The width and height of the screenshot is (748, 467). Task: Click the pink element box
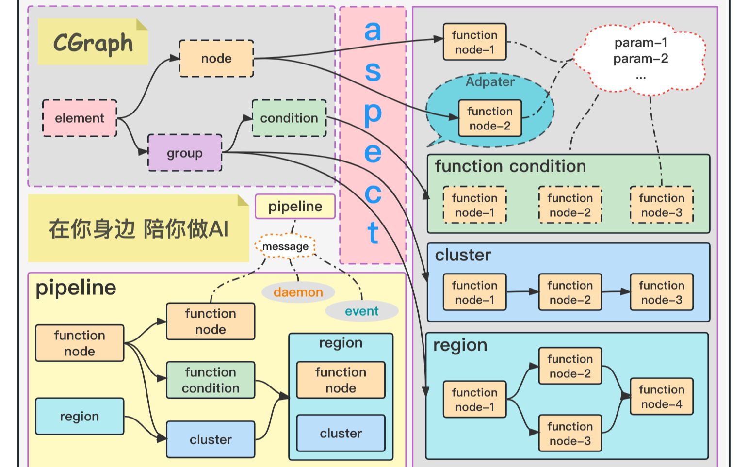click(80, 118)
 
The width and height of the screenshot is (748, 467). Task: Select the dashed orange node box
click(216, 59)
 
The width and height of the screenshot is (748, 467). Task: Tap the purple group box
click(184, 153)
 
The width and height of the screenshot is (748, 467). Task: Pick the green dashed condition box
click(289, 118)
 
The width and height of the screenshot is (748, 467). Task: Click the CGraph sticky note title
click(93, 43)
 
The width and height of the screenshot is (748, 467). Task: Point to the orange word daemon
click(298, 292)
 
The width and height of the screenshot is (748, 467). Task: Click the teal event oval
click(361, 311)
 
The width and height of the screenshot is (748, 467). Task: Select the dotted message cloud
click(285, 246)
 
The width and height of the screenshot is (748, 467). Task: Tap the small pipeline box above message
click(295, 207)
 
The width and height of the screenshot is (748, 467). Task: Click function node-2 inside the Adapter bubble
click(489, 118)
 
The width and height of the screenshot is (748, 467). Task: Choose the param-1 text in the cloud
click(640, 43)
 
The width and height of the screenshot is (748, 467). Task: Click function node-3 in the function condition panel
click(661, 205)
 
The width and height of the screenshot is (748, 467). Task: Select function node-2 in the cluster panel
click(570, 292)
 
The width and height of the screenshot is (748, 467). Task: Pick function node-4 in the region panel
click(661, 397)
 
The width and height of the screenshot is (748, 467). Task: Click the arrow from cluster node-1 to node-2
click(522, 292)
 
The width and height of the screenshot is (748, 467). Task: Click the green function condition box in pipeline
click(211, 380)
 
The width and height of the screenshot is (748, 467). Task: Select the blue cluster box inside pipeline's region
click(341, 433)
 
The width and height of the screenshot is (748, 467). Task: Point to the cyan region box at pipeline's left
click(80, 417)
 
